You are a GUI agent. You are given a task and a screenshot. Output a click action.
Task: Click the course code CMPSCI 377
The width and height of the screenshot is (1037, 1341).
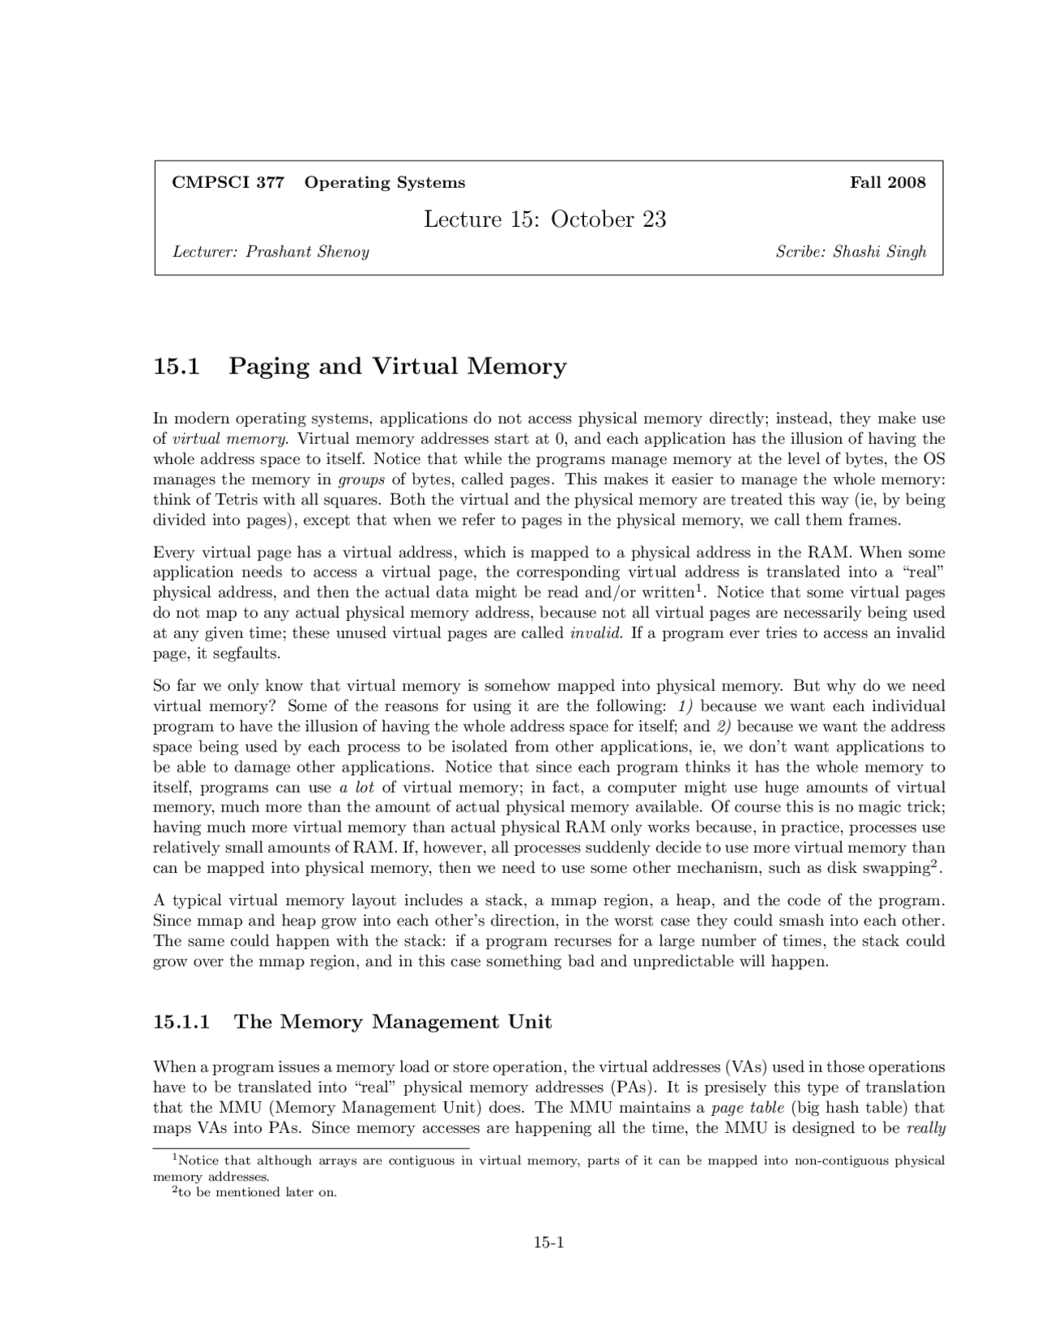228,182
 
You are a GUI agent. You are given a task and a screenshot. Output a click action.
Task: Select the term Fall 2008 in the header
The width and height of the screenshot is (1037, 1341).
887,182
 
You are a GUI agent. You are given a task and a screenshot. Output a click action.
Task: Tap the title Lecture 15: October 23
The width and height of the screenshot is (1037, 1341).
544,219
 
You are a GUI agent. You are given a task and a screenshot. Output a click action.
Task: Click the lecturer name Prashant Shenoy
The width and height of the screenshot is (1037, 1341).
307,252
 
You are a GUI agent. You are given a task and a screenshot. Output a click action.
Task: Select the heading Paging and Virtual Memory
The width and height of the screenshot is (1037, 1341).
397,367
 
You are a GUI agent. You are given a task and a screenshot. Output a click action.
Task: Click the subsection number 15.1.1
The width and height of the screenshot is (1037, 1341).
181,1022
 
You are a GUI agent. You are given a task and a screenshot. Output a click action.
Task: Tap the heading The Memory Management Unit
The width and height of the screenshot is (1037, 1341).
392,1022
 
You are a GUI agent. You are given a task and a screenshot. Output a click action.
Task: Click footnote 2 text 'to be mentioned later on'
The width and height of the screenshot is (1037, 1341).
259,1193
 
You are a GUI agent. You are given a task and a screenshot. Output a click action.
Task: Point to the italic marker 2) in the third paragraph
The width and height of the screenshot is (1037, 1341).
723,726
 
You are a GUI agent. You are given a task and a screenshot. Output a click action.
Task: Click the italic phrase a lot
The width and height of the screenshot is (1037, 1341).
356,787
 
